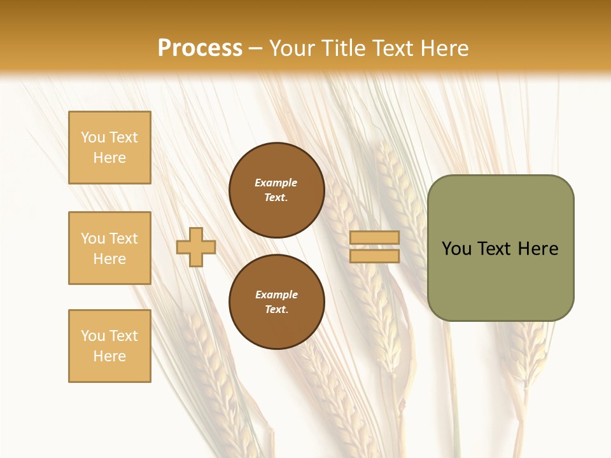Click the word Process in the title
tap(200, 48)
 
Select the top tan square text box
tap(109, 148)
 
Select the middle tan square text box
tap(109, 248)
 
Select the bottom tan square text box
tap(109, 346)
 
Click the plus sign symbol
tap(196, 247)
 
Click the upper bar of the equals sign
tap(375, 237)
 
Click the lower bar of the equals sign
tap(375, 256)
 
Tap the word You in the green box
tap(457, 249)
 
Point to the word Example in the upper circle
tap(276, 183)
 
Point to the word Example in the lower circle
tap(276, 295)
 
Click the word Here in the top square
tap(109, 158)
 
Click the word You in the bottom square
tap(93, 336)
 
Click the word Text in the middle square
tap(123, 239)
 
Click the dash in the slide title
tap(256, 49)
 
